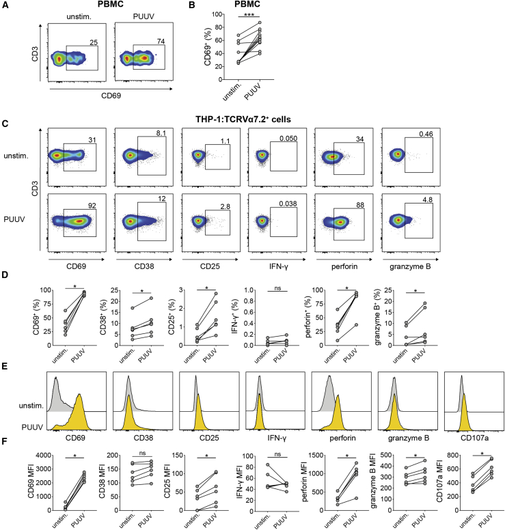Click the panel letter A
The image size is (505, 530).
[5, 6]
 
